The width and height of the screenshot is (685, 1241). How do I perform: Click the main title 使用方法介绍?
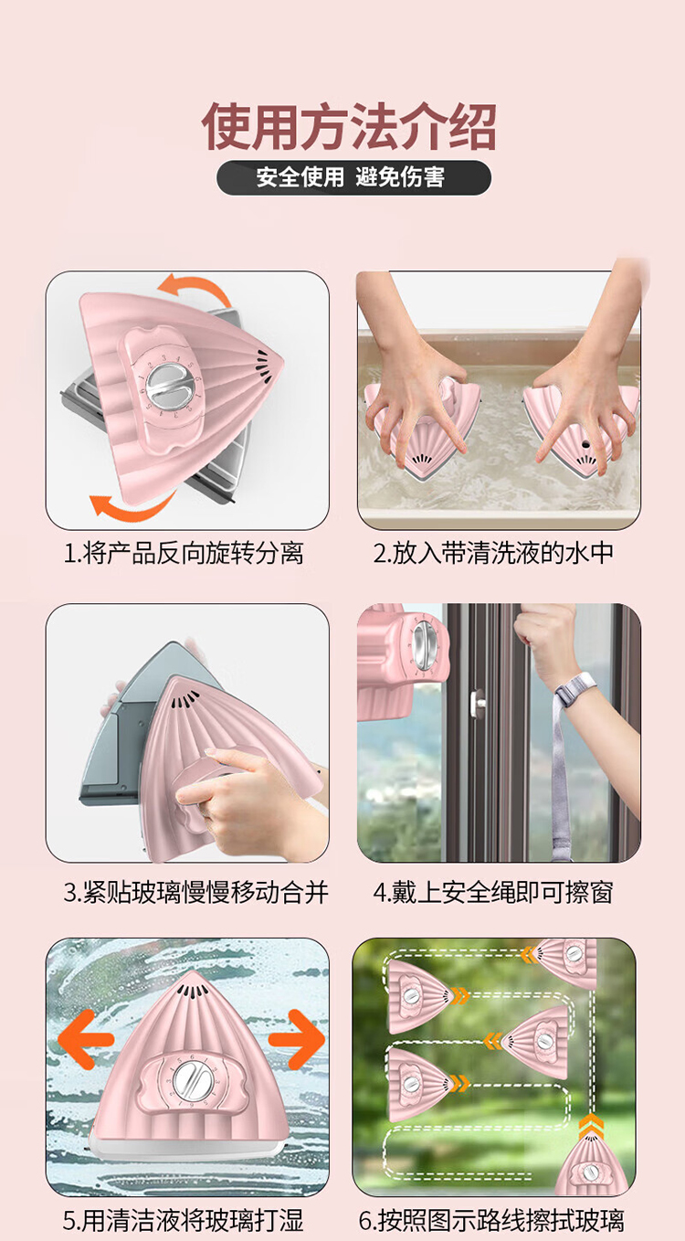[x=349, y=126]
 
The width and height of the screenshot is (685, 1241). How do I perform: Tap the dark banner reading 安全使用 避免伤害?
[x=353, y=178]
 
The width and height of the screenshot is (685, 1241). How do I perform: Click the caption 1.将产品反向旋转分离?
[x=184, y=553]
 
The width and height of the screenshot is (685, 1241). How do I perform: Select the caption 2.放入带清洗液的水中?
[x=493, y=553]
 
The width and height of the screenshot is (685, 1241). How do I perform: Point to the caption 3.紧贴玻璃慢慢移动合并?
[x=196, y=893]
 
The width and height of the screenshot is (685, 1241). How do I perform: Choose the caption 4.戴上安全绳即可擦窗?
[x=493, y=893]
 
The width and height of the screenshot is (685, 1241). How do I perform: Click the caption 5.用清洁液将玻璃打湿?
[x=184, y=1219]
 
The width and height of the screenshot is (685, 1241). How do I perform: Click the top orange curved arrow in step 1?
[x=194, y=285]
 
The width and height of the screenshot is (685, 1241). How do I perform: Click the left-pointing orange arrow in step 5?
[x=85, y=1040]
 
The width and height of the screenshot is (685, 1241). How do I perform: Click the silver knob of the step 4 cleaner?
[x=424, y=641]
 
